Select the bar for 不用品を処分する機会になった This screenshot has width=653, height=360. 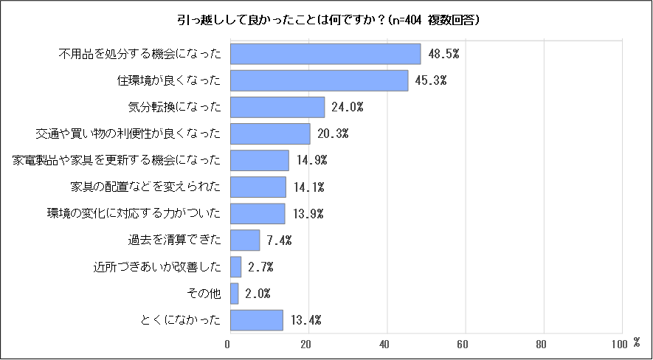pos(325,54)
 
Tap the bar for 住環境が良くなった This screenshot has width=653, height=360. pos(319,80)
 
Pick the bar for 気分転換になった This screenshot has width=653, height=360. pos(277,107)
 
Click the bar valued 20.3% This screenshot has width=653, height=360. pos(270,134)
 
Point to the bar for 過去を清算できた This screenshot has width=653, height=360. pos(245,240)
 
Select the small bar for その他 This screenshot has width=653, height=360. pos(235,294)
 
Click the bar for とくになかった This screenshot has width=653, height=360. pos(257,320)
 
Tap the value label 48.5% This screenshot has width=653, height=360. pos(443,54)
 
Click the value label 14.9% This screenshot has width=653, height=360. pos(310,160)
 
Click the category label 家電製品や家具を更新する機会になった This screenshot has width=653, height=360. pos(117,160)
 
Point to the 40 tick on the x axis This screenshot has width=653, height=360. pos(384,343)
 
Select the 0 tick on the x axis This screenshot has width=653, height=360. pos(228,343)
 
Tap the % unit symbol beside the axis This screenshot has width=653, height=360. pos(636,342)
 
